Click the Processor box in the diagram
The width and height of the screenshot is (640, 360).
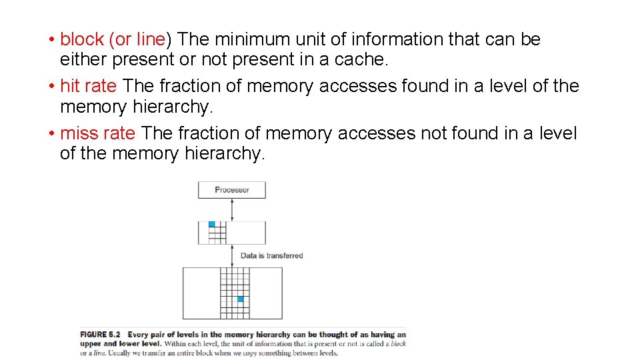click(231, 190)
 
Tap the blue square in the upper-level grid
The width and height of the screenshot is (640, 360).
click(212, 225)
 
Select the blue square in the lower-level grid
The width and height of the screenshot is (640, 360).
click(241, 299)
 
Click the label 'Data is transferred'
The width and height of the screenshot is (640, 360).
click(271, 255)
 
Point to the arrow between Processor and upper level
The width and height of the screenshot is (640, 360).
click(231, 209)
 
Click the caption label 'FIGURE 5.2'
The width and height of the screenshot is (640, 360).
click(100, 335)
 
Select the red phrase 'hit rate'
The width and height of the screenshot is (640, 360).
click(88, 86)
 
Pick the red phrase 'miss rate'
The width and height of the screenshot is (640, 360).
click(97, 133)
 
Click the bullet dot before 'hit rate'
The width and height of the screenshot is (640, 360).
click(52, 86)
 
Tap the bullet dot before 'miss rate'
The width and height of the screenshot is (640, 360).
click(52, 133)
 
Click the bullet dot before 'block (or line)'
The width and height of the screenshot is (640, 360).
click(52, 39)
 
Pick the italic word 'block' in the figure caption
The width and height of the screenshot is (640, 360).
click(399, 344)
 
